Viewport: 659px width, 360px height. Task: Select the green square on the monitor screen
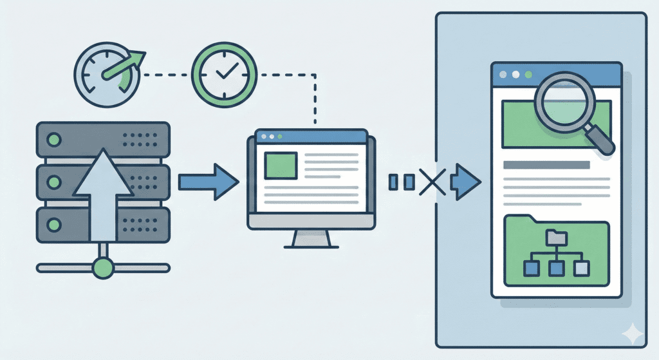click(x=281, y=166)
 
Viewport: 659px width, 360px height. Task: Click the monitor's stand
click(x=311, y=238)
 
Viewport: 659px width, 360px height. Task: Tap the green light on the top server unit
click(x=55, y=139)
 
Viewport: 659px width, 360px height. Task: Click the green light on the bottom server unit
click(x=55, y=225)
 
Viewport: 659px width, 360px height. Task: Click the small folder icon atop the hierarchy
click(x=553, y=238)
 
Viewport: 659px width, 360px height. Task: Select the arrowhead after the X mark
click(x=466, y=182)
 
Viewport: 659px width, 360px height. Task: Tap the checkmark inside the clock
click(x=225, y=73)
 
